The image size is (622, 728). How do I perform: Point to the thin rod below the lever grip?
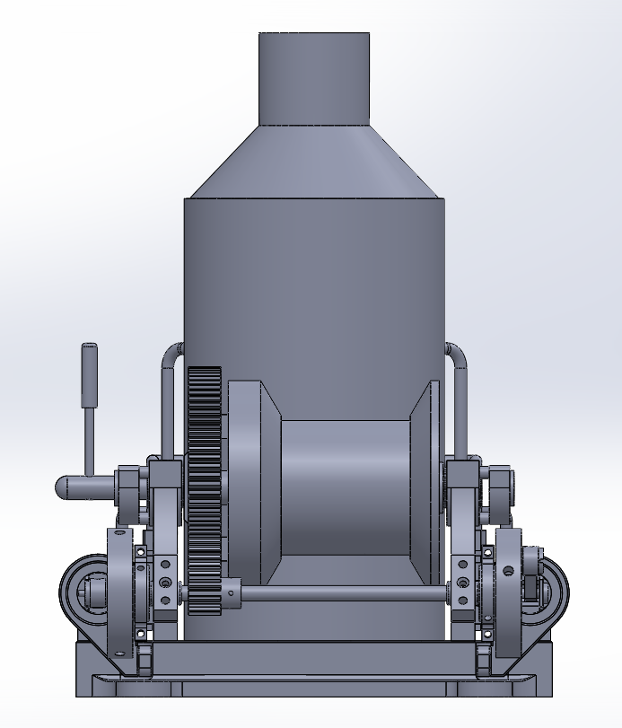[90, 440]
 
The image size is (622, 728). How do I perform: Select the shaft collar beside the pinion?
[232, 593]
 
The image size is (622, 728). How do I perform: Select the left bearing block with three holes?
[164, 583]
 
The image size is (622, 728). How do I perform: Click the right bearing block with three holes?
[461, 583]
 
